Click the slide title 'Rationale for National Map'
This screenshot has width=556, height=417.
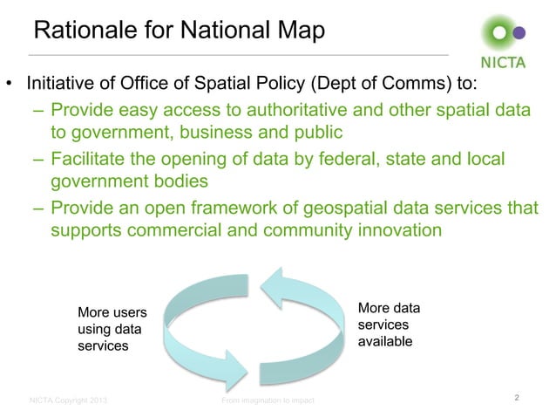pyautogui.click(x=179, y=32)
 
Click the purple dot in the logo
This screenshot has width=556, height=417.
pyautogui.click(x=520, y=33)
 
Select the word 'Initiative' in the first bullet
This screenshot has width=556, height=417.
pyautogui.click(x=62, y=86)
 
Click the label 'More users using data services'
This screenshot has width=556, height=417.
pyautogui.click(x=112, y=329)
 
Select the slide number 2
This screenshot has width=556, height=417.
pyautogui.click(x=518, y=399)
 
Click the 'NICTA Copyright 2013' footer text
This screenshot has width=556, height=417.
pyautogui.click(x=69, y=401)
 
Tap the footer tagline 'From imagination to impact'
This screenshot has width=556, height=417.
pyautogui.click(x=268, y=401)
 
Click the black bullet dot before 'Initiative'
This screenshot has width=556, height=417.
pyautogui.click(x=10, y=87)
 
